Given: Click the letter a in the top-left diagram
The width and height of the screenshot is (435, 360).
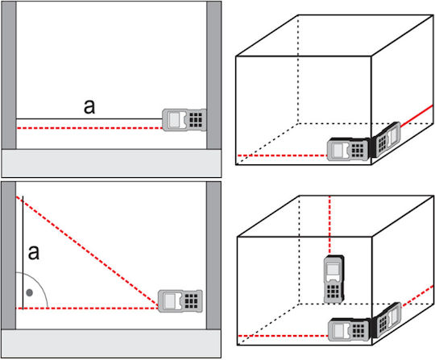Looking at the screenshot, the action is coord(89,107).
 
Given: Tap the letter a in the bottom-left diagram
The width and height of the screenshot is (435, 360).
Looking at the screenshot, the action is coord(34,252).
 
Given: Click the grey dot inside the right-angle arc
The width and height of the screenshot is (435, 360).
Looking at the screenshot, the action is coord(30,292).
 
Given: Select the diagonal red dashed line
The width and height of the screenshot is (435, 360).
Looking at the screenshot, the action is coord(87,252).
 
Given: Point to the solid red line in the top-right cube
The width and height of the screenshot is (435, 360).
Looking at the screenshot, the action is coord(416,115).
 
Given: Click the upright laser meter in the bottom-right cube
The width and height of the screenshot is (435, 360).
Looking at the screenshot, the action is coord(334,279).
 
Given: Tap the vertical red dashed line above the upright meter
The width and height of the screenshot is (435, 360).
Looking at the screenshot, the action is coord(329,226).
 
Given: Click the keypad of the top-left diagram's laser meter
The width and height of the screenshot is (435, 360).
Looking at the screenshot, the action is coord(196,120).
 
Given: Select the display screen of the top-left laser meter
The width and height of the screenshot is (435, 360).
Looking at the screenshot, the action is coord(175,120).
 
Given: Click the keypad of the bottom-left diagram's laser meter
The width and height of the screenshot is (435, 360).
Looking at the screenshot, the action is coord(192,301).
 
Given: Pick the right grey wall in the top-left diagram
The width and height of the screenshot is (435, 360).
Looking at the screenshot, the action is coord(214,75).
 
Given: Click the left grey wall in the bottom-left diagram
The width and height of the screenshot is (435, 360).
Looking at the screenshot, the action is coord(9,255).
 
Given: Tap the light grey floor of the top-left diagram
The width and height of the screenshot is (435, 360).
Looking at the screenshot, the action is coord(111,163).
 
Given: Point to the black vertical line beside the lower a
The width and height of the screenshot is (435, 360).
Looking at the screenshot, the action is coord(23,252).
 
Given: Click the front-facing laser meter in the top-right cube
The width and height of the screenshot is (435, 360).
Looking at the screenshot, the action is coord(349,150).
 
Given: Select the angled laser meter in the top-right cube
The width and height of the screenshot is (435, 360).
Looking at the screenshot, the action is coord(386,139).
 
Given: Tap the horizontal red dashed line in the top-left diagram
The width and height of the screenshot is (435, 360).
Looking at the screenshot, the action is coord(89,128).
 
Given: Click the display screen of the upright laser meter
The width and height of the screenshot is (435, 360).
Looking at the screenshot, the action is coord(333,270).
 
